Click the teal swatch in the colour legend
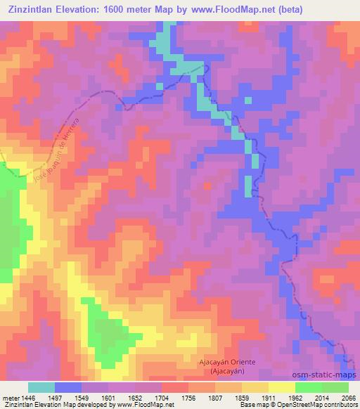tap(41, 387)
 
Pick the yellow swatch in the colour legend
tap(281, 387)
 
